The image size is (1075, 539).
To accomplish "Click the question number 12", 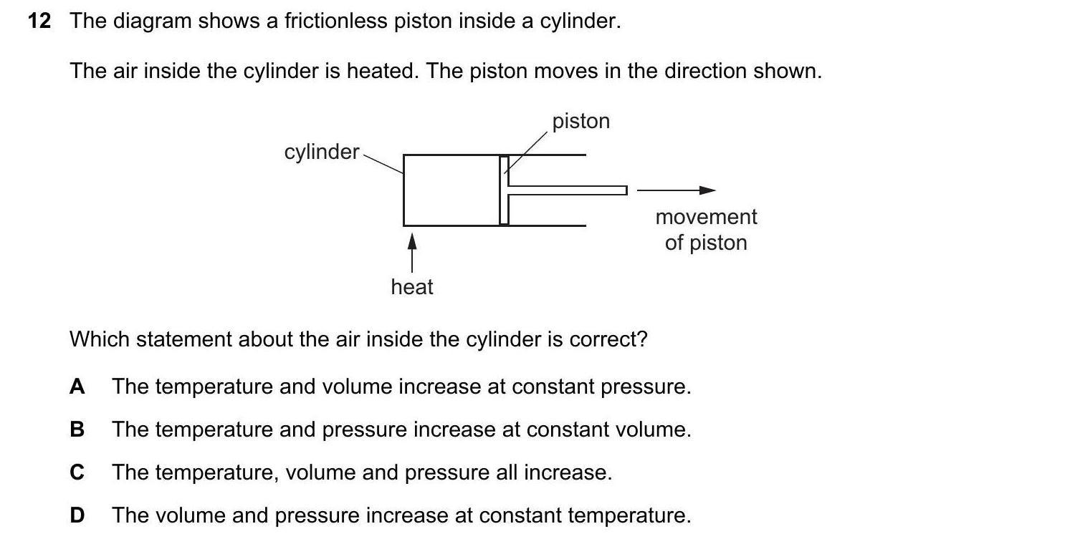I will click(39, 21).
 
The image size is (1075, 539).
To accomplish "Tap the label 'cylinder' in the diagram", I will click(321, 152).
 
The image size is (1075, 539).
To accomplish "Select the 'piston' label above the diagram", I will click(580, 121).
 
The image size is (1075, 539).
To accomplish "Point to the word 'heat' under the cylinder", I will click(412, 287).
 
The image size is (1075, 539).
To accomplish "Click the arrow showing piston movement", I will click(676, 190).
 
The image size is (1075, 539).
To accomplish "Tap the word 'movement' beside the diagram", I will click(706, 217).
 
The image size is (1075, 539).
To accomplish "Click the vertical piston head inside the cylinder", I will click(505, 190).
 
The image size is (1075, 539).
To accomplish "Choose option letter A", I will click(77, 387).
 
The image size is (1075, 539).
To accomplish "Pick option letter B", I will click(77, 430).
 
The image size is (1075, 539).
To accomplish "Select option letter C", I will click(77, 473).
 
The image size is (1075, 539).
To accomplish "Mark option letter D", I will click(77, 515).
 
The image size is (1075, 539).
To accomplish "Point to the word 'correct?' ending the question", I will click(608, 339).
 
